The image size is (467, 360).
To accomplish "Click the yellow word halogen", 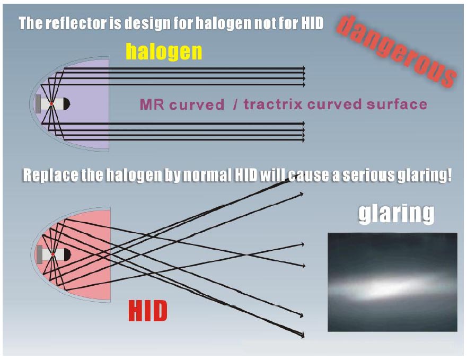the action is click(164, 52).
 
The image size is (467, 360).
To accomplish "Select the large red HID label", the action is click(148, 311).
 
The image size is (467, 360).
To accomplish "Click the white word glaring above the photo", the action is click(396, 214).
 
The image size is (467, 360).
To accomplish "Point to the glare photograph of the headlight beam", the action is click(393, 282).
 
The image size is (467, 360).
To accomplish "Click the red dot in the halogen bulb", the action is click(51, 103).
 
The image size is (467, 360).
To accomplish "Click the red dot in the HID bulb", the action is click(52, 254).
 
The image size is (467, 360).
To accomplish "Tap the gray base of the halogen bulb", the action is click(38, 104).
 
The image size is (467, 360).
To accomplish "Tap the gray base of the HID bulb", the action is click(39, 254).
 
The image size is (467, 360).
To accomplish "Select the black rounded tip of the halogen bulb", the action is click(67, 104).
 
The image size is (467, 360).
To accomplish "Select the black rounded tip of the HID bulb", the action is click(68, 254).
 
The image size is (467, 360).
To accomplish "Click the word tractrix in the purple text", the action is click(273, 104).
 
